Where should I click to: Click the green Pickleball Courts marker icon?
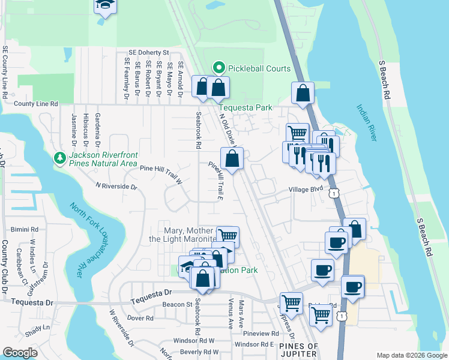(x=219, y=68)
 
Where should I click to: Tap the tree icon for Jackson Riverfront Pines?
(x=59, y=158)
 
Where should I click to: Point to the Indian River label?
(x=367, y=124)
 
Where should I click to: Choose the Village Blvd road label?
(x=306, y=188)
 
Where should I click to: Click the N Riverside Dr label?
(x=116, y=186)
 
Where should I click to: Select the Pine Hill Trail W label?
(x=161, y=169)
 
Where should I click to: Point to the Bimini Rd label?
(x=25, y=229)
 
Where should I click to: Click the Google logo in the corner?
(x=20, y=353)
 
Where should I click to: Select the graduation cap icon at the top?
(x=104, y=6)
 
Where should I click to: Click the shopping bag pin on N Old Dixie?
(x=232, y=159)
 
